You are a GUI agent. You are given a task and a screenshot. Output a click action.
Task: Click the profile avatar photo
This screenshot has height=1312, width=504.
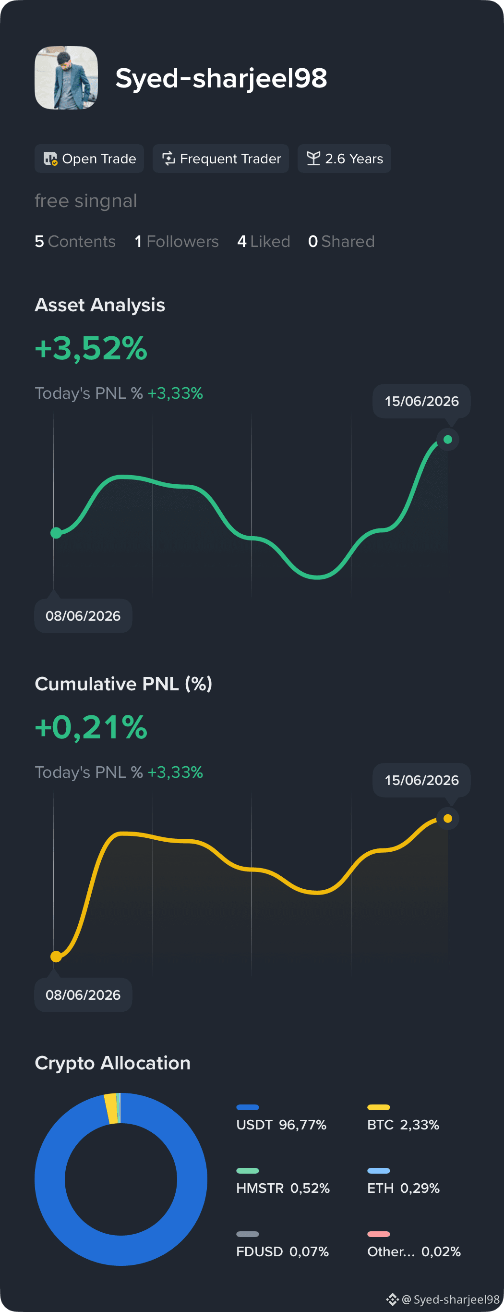click(66, 78)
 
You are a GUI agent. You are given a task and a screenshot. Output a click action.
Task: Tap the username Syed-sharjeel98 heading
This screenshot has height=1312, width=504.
click(221, 78)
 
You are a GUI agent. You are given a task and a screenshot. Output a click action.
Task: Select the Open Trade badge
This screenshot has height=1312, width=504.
click(89, 159)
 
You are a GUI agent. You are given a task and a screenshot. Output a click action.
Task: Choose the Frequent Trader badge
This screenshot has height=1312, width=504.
click(221, 159)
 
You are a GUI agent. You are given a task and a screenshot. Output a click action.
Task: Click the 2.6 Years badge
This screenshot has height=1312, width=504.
click(344, 159)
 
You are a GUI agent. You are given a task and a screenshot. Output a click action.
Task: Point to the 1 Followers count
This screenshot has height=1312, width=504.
click(177, 242)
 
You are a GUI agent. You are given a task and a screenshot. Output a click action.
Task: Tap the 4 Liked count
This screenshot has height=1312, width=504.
click(264, 242)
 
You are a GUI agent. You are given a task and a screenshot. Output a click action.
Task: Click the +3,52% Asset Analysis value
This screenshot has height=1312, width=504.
click(91, 348)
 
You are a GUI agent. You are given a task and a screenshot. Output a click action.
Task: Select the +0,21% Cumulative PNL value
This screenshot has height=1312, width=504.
click(91, 727)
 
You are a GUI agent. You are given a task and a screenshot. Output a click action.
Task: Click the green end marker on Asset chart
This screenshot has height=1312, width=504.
click(448, 440)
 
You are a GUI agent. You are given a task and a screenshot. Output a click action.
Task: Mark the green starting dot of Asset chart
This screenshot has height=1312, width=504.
click(56, 533)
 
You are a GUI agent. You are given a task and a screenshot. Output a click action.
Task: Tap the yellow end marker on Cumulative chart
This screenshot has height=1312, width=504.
click(448, 819)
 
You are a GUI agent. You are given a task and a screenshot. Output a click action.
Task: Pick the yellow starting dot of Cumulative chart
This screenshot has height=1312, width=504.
click(56, 957)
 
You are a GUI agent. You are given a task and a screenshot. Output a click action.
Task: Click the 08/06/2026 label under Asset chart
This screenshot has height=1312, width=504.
click(83, 616)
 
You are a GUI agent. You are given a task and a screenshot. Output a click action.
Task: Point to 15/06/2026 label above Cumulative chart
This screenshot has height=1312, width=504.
click(421, 780)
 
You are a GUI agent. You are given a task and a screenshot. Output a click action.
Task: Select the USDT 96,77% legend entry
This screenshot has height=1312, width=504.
click(281, 1118)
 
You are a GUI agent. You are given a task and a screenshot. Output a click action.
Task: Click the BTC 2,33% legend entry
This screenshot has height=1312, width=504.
click(403, 1118)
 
